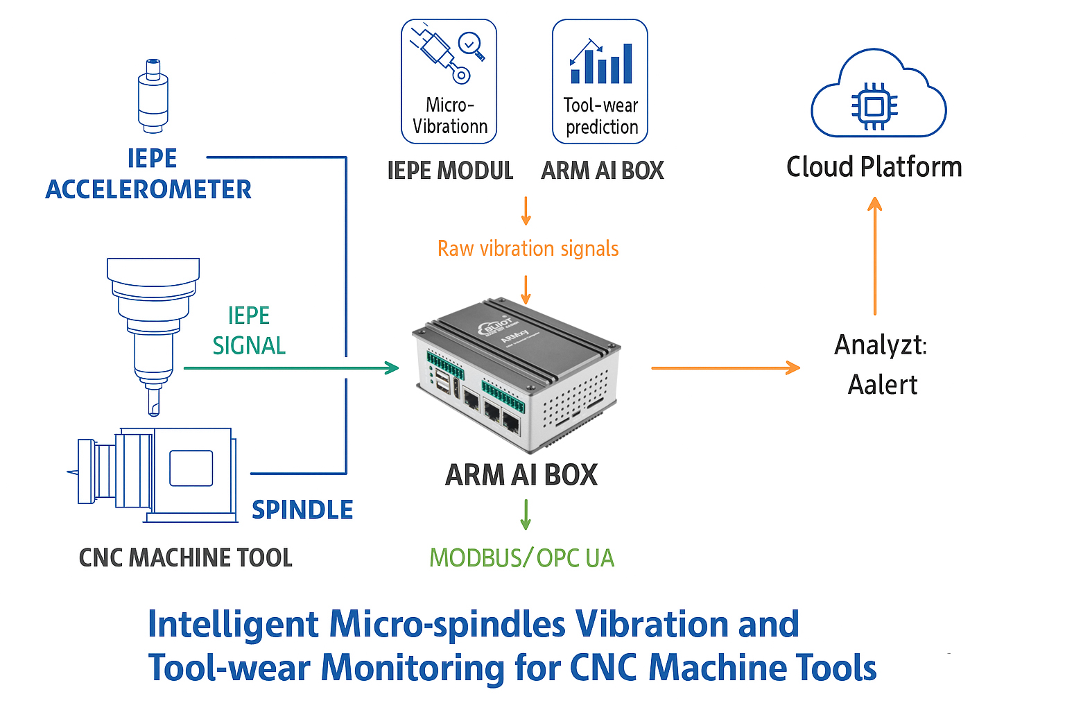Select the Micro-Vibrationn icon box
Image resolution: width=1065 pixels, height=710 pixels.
449,81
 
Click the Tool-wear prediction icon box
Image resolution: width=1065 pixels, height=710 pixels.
600,81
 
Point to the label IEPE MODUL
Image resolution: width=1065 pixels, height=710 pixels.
450,171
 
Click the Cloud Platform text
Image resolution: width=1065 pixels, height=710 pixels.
874,167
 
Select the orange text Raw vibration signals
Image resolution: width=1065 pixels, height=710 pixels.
528,248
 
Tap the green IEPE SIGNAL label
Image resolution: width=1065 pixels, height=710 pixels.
249,331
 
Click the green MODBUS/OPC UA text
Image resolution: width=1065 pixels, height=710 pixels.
521,558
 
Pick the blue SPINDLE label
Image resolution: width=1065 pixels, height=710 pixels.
302,510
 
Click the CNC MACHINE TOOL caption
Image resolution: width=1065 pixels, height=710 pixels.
186,557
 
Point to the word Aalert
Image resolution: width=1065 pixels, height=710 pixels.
882,385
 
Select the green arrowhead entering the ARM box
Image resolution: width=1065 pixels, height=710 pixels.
392,368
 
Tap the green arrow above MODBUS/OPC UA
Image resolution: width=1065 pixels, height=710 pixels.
526,514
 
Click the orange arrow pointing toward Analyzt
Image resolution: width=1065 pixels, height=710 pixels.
725,368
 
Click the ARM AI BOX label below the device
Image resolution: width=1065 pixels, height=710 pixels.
521,475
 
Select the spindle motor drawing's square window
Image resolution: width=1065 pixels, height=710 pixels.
191,469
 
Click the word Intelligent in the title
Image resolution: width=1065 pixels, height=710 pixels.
233,624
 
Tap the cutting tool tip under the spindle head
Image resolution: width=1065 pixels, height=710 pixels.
154,404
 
